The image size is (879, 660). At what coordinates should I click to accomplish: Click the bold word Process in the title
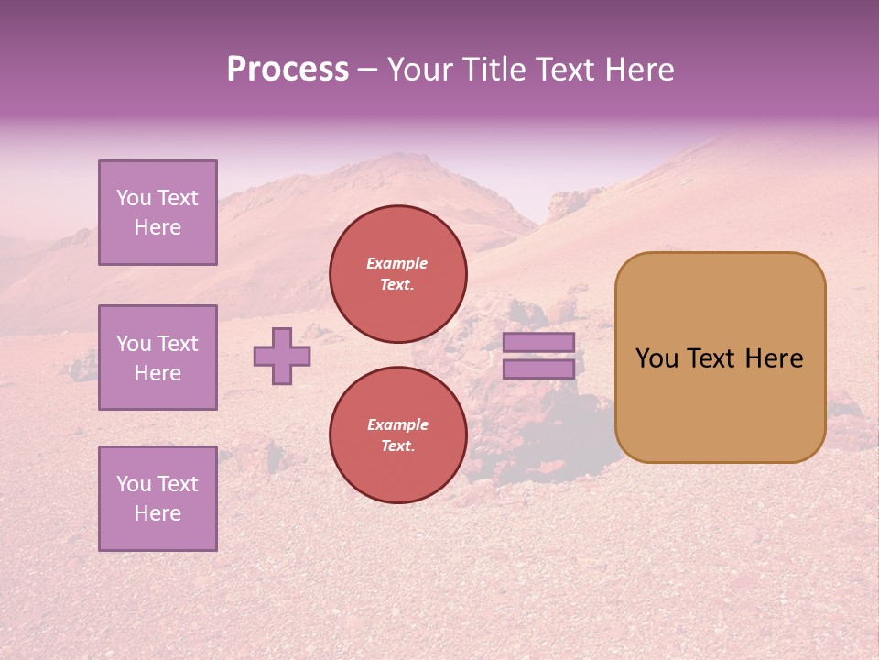(288, 70)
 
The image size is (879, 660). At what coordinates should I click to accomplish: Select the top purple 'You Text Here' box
(157, 213)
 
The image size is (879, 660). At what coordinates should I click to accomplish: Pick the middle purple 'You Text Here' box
(157, 357)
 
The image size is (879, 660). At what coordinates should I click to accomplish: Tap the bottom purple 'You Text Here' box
(157, 499)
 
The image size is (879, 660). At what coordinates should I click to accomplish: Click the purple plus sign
(282, 356)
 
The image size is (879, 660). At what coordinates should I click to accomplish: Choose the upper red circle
(398, 274)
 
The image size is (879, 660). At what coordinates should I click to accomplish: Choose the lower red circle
(398, 435)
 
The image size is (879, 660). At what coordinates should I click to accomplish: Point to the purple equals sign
(539, 356)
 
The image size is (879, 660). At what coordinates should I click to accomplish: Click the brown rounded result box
(720, 357)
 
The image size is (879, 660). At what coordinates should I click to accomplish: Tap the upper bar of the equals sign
(539, 342)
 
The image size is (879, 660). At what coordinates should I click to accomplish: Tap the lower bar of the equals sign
(539, 369)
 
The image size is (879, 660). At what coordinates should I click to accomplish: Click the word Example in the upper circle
(397, 263)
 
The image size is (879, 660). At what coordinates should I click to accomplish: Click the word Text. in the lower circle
(397, 446)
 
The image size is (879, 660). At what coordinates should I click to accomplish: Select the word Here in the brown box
(775, 358)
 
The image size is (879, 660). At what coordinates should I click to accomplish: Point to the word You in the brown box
(657, 358)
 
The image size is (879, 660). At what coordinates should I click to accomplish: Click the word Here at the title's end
(637, 70)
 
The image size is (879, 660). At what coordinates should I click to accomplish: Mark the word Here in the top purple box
(157, 227)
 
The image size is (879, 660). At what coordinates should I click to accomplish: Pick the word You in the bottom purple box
(134, 484)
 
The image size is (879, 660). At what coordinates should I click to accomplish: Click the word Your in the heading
(418, 70)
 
